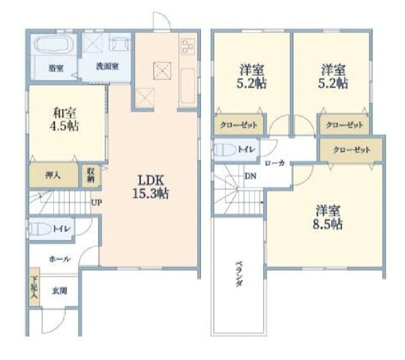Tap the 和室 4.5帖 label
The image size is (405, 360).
pos(66,119)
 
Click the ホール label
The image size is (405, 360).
pos(59,259)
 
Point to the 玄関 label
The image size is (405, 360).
pos(58,290)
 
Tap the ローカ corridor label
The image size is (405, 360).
pos(274,162)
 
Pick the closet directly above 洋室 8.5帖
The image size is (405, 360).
pos(351,150)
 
